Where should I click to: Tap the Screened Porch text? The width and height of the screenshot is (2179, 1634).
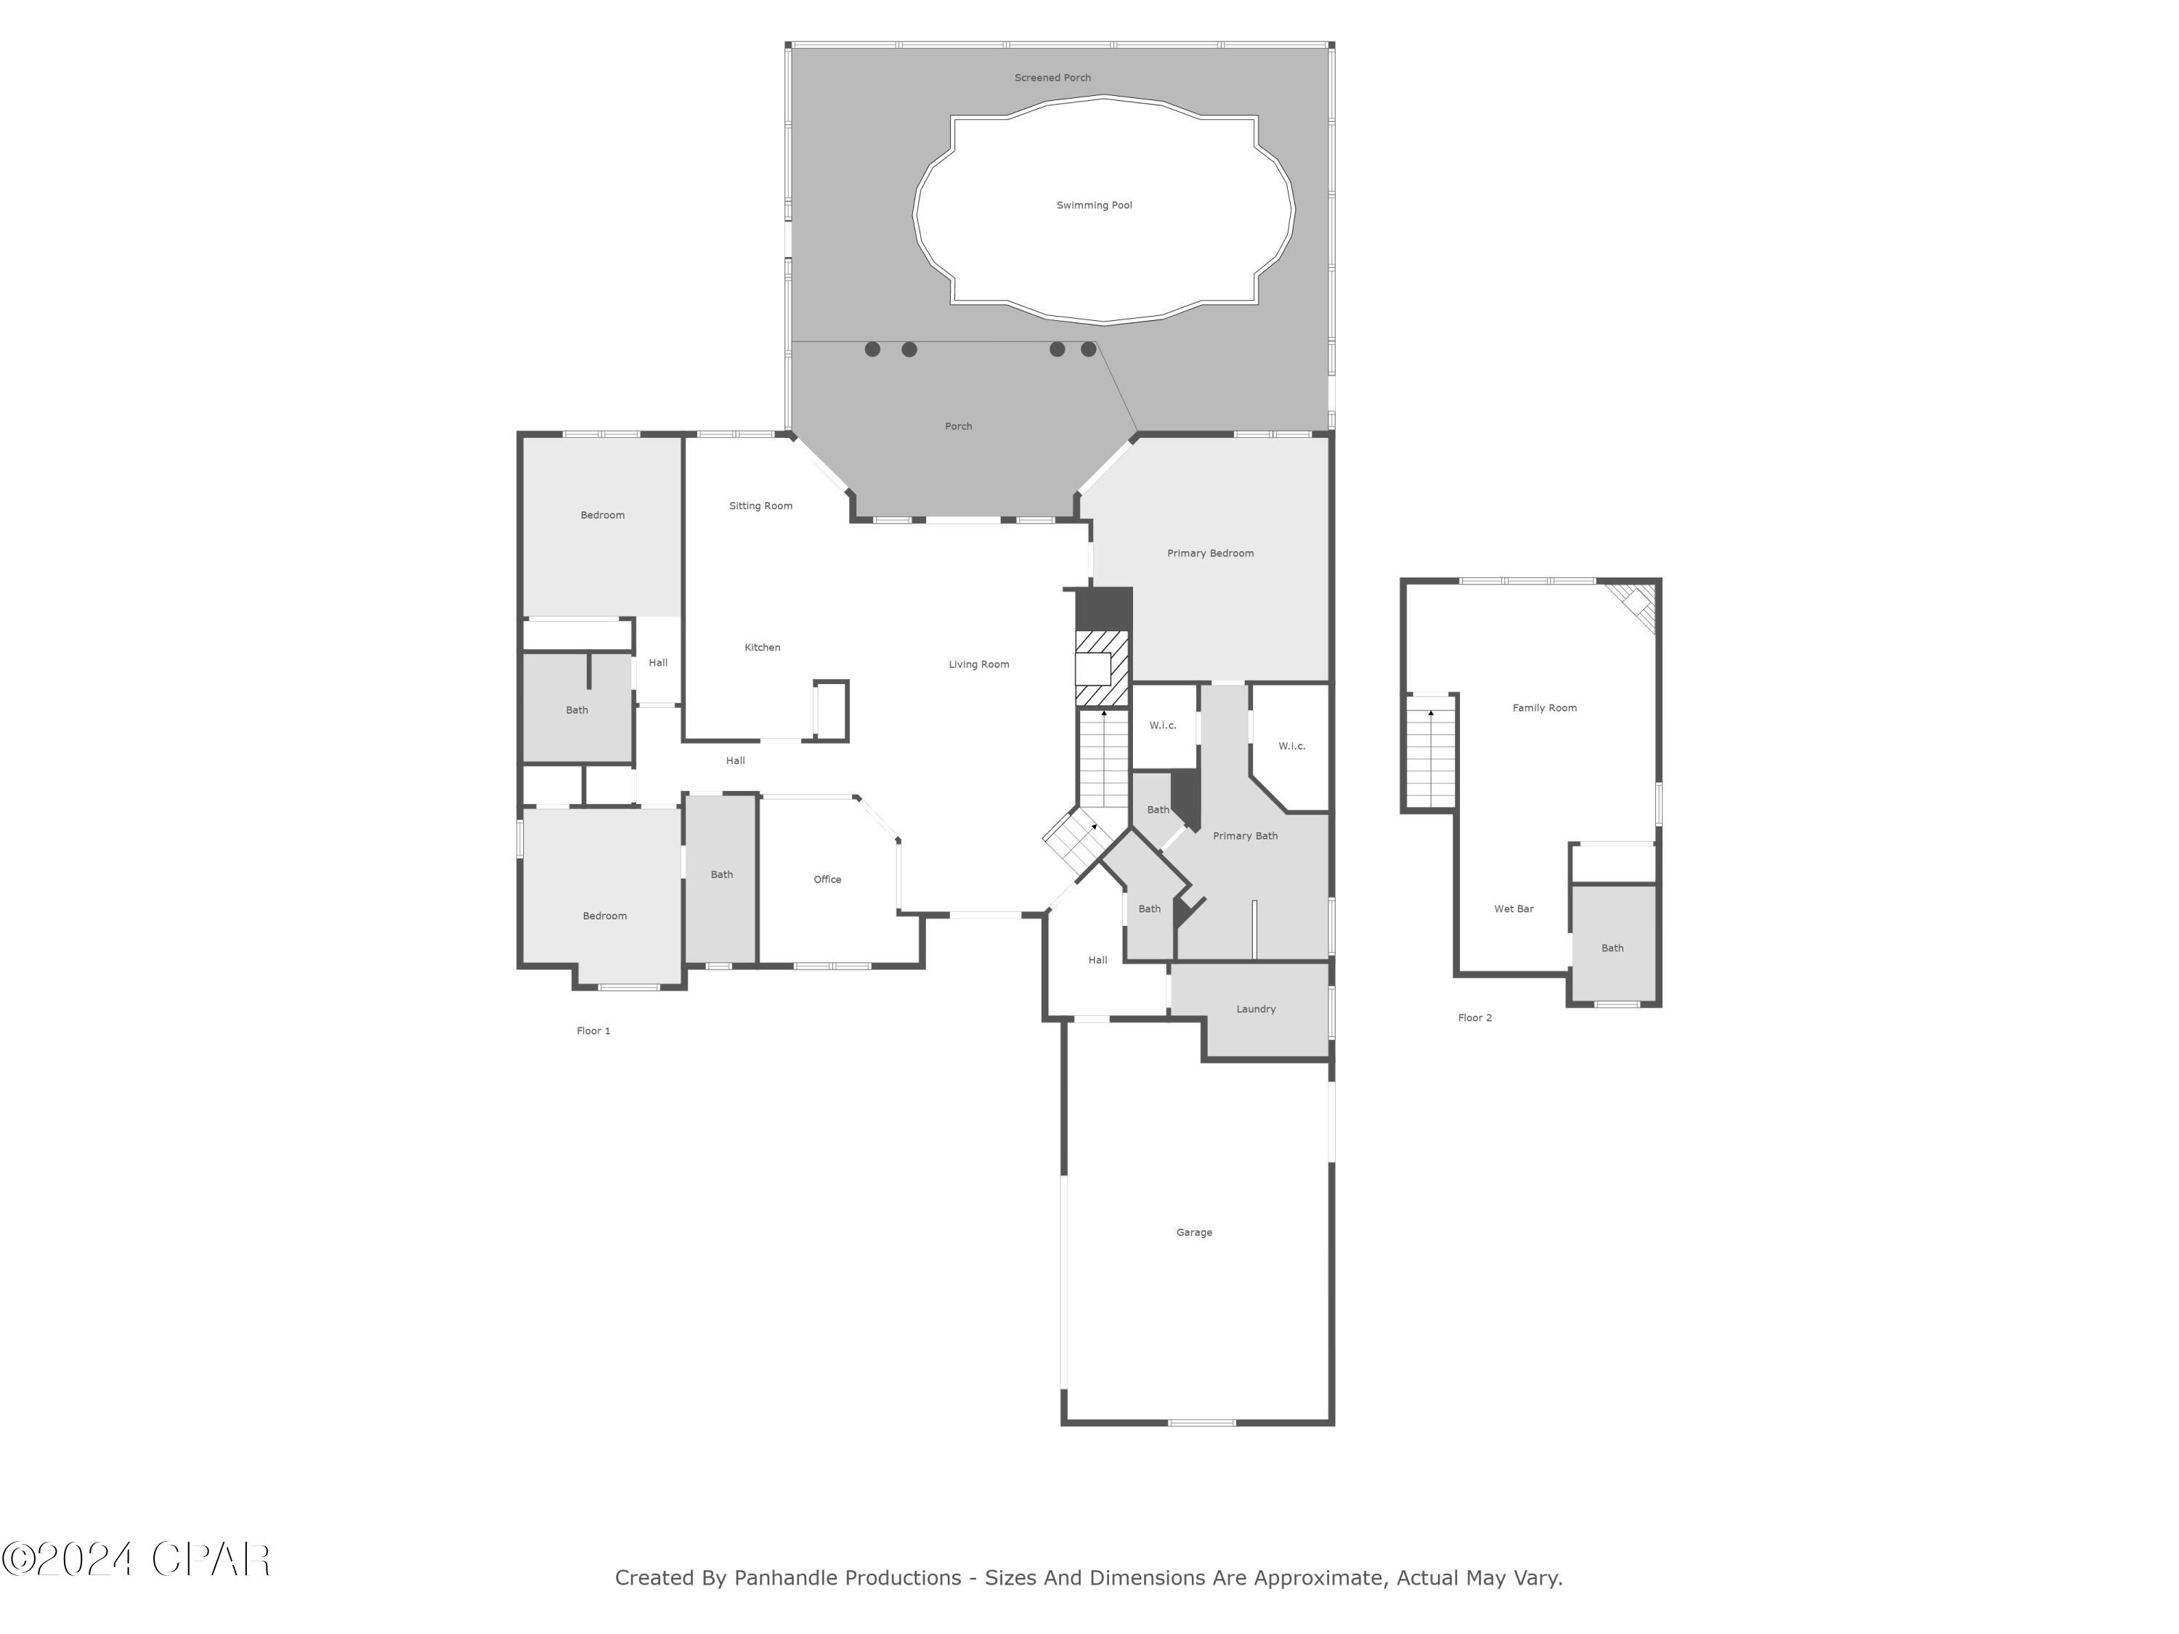coord(1052,78)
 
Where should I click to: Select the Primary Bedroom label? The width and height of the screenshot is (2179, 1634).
coord(1209,553)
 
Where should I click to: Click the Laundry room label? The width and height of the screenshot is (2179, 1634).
coord(1255,1009)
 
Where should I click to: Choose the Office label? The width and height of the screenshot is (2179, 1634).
coord(827,879)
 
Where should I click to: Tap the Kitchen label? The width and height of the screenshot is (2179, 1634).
coord(761,647)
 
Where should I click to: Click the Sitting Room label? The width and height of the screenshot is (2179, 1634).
coord(760,506)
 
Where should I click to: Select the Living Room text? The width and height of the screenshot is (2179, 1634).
coord(978,664)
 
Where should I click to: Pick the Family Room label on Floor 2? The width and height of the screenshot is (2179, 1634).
coord(1543,708)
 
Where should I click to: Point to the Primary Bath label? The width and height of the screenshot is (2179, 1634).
coord(1244,836)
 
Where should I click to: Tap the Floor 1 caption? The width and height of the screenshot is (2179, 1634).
coord(593,1031)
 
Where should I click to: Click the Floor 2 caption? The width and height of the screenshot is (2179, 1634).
coord(1474,1018)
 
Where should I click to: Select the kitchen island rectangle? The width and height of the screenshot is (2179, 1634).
coord(830,709)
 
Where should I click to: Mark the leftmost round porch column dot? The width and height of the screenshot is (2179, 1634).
coord(872,349)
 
